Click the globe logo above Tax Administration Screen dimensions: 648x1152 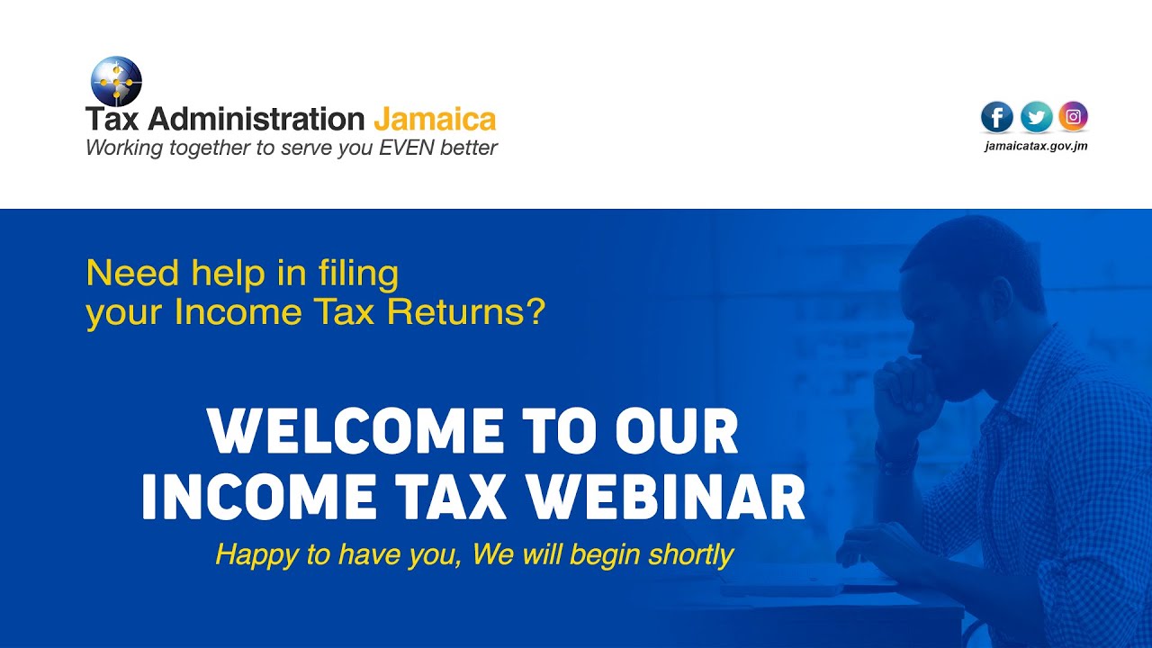(116, 81)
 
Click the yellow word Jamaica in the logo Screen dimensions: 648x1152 (434, 119)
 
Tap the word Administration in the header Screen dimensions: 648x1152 (256, 119)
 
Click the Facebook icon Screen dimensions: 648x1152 (997, 117)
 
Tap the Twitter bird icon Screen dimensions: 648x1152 (1036, 117)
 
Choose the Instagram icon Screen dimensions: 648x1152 (1073, 116)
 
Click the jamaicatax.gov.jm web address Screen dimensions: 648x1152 (1036, 146)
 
